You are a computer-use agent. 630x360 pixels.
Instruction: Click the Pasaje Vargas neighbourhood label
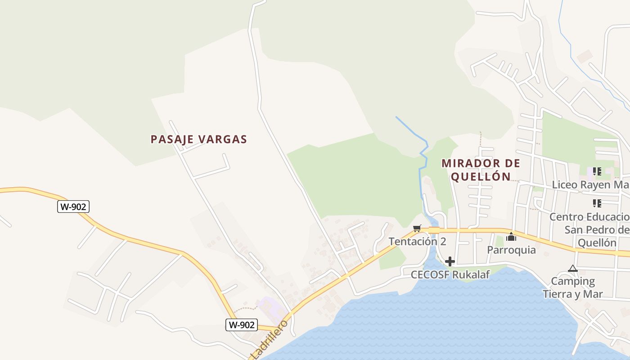click(x=199, y=139)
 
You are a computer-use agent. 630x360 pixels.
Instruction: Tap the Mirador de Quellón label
click(x=481, y=170)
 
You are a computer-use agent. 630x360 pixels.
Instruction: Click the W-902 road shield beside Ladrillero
click(x=241, y=325)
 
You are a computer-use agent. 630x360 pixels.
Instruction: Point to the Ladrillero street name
click(x=269, y=340)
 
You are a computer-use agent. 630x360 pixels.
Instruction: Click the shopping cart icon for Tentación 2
click(x=417, y=229)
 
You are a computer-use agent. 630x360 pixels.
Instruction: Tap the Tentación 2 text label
click(x=417, y=241)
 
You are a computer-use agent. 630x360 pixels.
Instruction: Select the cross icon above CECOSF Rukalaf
click(x=450, y=261)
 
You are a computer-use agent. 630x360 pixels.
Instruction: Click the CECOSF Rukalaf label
click(x=450, y=274)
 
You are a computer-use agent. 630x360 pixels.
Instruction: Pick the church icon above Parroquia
click(x=511, y=237)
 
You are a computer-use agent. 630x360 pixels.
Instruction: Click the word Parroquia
click(x=511, y=250)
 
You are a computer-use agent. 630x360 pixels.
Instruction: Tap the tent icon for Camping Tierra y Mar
click(x=572, y=269)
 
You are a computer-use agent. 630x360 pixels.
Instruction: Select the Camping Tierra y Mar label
click(x=572, y=288)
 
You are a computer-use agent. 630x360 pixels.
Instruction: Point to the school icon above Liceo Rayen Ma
click(x=597, y=171)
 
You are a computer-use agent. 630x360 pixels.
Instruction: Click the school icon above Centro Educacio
click(x=597, y=203)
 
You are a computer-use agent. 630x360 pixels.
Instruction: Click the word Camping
click(x=573, y=282)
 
